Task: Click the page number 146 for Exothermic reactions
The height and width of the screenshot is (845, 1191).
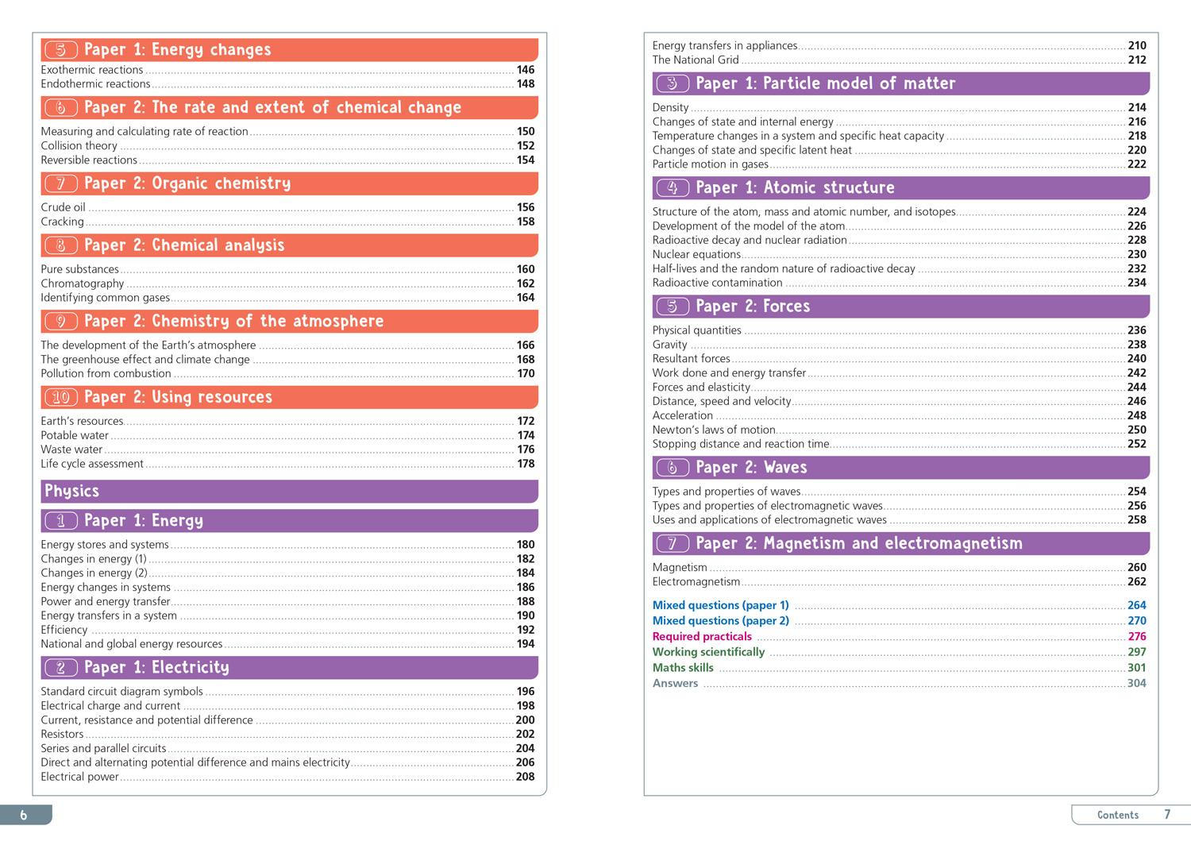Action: [525, 70]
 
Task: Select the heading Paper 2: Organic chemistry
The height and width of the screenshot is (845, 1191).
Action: [187, 183]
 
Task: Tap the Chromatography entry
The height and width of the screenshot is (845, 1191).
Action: [83, 284]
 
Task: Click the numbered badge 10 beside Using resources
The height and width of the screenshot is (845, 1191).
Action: [61, 397]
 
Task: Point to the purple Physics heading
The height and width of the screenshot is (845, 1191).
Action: [72, 491]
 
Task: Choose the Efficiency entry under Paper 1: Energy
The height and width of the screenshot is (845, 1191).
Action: [64, 630]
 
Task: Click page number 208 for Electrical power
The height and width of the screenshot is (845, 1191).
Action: [525, 777]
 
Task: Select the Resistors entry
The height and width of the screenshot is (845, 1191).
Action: [62, 734]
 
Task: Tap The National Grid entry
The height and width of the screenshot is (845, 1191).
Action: [696, 60]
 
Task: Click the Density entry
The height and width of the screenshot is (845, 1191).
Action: [670, 107]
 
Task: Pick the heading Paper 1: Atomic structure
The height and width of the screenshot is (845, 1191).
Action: [795, 188]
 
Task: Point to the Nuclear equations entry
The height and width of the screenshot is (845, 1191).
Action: [696, 254]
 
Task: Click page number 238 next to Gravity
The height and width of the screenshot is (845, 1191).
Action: [1136, 345]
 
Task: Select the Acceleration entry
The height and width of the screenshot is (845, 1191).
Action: [683, 415]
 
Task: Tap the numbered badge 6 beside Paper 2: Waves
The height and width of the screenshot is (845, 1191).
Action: [673, 468]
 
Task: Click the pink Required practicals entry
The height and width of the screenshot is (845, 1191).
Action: [702, 636]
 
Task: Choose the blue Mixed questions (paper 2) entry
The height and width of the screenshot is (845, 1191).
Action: [721, 621]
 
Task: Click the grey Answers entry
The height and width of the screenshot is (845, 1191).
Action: [675, 683]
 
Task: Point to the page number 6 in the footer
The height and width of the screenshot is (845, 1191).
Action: [24, 815]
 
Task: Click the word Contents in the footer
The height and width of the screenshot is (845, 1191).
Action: [1117, 815]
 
